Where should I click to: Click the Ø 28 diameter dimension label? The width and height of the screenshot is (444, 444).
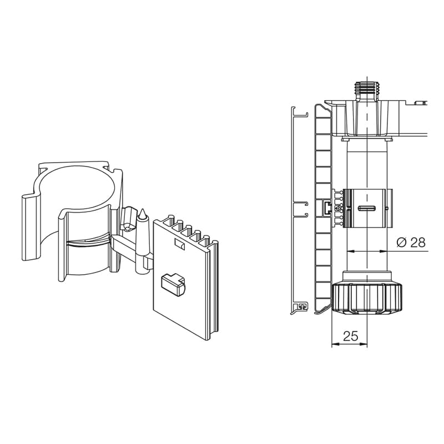411,243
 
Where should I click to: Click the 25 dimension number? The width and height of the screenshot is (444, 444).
351,336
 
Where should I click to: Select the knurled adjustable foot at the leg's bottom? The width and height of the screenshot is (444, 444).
367,299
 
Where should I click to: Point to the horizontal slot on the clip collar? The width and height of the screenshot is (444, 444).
367,209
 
